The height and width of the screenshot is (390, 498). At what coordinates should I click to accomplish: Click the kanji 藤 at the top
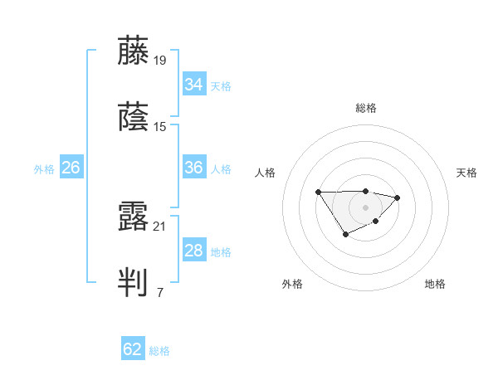click(x=134, y=51)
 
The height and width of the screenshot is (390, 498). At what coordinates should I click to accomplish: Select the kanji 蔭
click(x=134, y=118)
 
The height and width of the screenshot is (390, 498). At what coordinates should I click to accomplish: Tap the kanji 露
click(x=134, y=216)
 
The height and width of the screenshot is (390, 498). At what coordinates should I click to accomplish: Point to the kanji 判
click(x=134, y=283)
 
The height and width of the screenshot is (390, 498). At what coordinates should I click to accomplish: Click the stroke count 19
click(x=160, y=60)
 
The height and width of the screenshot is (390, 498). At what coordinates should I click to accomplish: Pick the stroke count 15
click(x=160, y=127)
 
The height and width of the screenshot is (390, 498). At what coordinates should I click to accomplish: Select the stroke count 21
click(x=160, y=225)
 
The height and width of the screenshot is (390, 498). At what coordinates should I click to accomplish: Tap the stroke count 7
click(x=159, y=292)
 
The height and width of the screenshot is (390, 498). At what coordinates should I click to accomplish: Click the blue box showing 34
click(x=194, y=85)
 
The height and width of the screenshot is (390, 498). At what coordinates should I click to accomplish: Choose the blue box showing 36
click(x=194, y=168)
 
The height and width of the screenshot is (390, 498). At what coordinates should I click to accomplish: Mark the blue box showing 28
click(x=194, y=251)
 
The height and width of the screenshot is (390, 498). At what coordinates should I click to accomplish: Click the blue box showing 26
click(x=71, y=168)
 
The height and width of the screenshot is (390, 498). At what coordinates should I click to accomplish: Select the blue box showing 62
click(x=133, y=349)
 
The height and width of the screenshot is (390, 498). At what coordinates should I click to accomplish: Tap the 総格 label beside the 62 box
click(x=160, y=351)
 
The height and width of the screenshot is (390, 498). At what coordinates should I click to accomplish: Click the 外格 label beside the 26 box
click(x=44, y=169)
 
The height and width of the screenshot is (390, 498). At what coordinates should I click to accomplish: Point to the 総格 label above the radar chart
click(x=365, y=108)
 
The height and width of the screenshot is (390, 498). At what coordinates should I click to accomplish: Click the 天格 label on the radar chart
click(x=466, y=173)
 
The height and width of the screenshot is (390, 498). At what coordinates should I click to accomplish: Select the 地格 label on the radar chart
click(x=435, y=285)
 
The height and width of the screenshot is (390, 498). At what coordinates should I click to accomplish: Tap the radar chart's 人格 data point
click(x=318, y=193)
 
